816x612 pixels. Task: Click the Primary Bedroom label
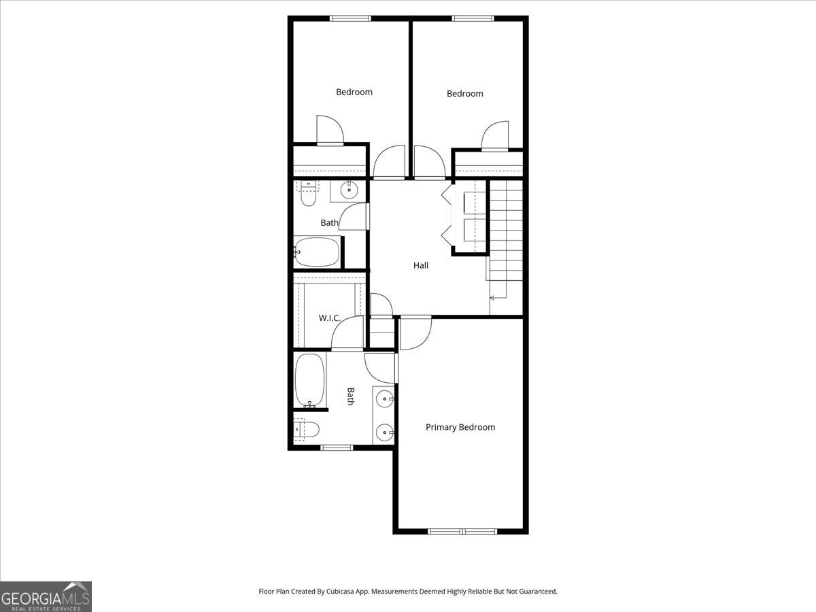(460, 427)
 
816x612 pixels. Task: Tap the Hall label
(421, 265)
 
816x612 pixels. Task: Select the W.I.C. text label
(329, 318)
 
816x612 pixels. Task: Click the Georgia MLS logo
(46, 596)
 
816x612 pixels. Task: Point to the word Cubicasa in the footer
(340, 591)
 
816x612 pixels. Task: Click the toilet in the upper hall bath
(308, 193)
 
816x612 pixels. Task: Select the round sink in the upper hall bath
(349, 190)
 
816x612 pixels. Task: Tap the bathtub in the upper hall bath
(317, 252)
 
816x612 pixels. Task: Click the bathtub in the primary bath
(309, 380)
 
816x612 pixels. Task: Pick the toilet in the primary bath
(307, 430)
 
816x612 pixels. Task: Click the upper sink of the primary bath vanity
(385, 399)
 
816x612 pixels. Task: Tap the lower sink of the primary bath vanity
(385, 432)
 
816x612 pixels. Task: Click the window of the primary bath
(337, 447)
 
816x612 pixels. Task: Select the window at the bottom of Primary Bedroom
(462, 531)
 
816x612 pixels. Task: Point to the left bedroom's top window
(350, 18)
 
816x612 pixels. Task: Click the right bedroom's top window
(473, 18)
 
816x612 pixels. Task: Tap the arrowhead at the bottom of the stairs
(492, 298)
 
